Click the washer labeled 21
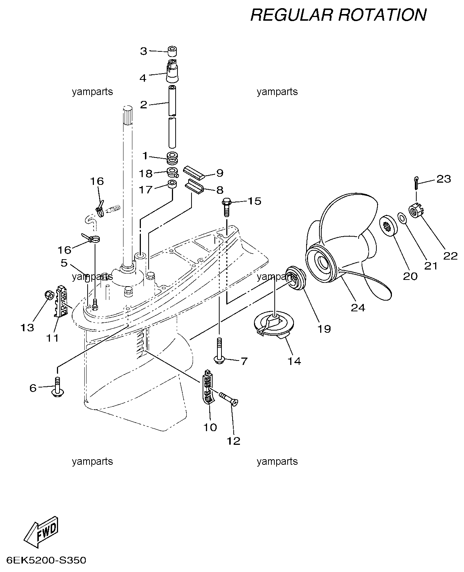tap(402, 217)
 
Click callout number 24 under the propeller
tap(358, 308)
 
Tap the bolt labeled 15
tap(226, 207)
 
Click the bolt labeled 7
tap(219, 351)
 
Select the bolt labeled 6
tap(57, 387)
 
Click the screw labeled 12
tap(228, 399)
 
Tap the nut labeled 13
tap(49, 295)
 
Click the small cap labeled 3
tap(172, 51)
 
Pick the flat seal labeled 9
tap(194, 173)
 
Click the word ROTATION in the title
tap(382, 15)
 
